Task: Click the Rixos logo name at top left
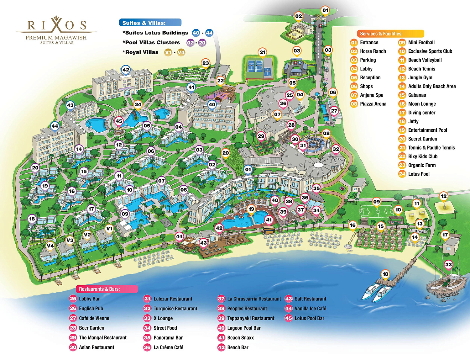pyautogui.click(x=56, y=25)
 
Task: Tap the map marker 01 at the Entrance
pyautogui.click(x=325, y=10)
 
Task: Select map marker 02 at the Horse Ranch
pyautogui.click(x=299, y=16)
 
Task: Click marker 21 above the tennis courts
pyautogui.click(x=263, y=52)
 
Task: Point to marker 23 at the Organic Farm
pyautogui.click(x=206, y=63)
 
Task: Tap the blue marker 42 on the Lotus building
pyautogui.click(x=126, y=70)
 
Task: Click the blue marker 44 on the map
pyautogui.click(x=55, y=126)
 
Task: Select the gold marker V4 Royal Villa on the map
pyautogui.click(x=50, y=246)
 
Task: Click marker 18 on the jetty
pyautogui.click(x=385, y=274)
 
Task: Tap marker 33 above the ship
pyautogui.click(x=448, y=264)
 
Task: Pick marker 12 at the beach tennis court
pyautogui.click(x=443, y=196)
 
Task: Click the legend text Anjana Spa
pyautogui.click(x=371, y=95)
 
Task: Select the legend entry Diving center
pyautogui.click(x=421, y=113)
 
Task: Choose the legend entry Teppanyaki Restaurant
pyautogui.click(x=250, y=318)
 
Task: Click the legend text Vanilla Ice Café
pyautogui.click(x=310, y=309)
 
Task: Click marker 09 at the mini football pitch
pyautogui.click(x=377, y=202)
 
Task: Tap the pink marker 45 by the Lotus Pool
pyautogui.click(x=119, y=121)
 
